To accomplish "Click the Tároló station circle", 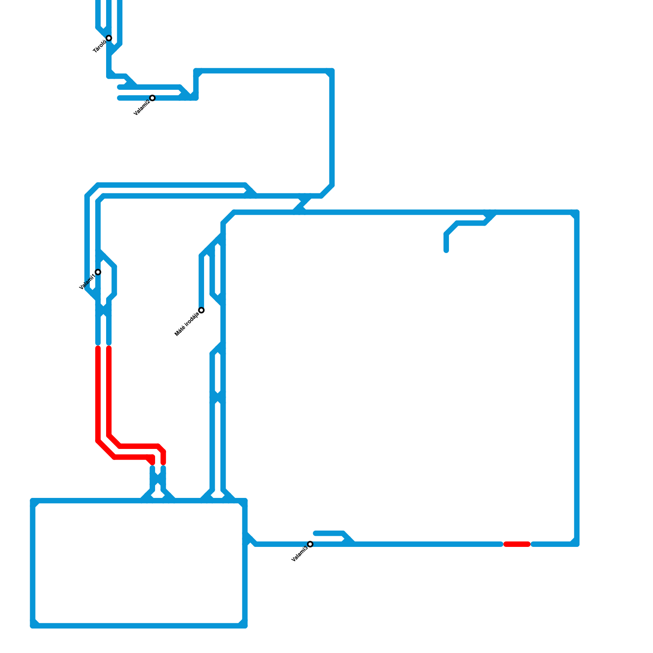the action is click(x=109, y=38).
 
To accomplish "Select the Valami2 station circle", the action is click(x=152, y=98).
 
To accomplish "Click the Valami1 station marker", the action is click(x=98, y=272).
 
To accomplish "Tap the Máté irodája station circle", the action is click(x=201, y=310).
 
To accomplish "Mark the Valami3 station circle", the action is click(x=310, y=544).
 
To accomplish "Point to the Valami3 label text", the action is click(x=300, y=554).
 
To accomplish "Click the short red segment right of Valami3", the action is click(x=517, y=544).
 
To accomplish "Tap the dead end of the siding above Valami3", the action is click(x=315, y=533).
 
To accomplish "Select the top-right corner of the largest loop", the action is click(x=577, y=212).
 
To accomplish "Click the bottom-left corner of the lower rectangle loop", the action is click(x=33, y=626).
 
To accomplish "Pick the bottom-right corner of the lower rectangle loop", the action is click(x=245, y=626).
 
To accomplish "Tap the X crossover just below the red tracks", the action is click(x=158, y=482).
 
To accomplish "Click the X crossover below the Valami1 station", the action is click(x=103, y=311).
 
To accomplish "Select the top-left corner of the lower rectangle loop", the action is click(x=33, y=501).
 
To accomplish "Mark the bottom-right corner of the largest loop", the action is click(x=577, y=544).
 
